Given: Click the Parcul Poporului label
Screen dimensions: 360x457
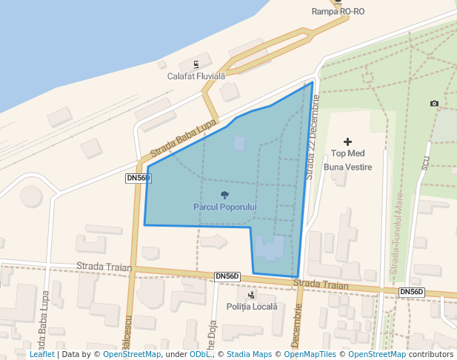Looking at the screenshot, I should coord(224,206).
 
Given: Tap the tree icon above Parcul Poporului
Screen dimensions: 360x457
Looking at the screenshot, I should coord(224,195).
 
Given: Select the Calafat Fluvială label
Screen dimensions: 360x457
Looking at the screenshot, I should coord(196,76).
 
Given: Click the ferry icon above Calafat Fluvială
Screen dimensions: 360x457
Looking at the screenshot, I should coord(196,64).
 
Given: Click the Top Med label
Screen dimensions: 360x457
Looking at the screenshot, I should coord(348,154).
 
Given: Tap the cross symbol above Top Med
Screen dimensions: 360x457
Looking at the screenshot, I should coord(348,141).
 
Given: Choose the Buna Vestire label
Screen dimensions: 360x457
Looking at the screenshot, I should coord(348,167).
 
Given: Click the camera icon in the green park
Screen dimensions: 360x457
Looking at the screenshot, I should coord(434,103).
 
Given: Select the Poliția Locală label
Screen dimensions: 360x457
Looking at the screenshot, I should coord(252,307).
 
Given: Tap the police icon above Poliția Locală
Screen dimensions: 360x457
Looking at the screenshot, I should coord(252,295).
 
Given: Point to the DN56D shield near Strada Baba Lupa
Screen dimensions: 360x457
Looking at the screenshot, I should coord(139,179).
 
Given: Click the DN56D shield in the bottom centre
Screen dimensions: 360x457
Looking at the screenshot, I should coord(227,276).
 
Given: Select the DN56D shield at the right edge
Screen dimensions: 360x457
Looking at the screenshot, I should coord(411,292).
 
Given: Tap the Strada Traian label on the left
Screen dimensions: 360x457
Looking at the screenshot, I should coord(104,267).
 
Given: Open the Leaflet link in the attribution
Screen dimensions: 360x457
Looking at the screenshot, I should coord(42,355).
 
